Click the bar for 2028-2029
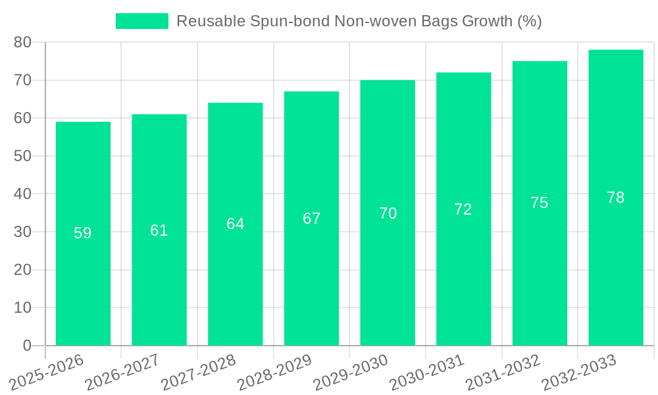pos(311,263)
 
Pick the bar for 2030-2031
pos(463,263)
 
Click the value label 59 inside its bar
pos(83,233)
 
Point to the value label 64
pos(236,224)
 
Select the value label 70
pos(388,213)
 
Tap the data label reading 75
pos(540,203)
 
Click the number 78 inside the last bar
pos(616,197)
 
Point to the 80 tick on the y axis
pos(22,42)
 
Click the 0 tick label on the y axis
pos(27,346)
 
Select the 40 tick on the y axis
pos(22,194)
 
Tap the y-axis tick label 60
pos(22,118)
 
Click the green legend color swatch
pos(142,21)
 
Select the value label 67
pos(311,219)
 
